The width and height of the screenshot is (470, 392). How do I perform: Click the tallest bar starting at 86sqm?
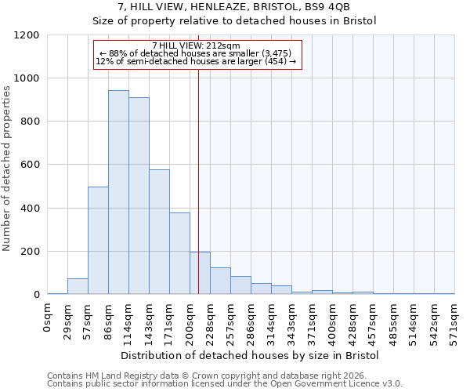point(118,192)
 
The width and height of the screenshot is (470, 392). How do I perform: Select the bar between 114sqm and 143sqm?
point(139,196)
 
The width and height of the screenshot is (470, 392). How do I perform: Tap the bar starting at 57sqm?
point(98,241)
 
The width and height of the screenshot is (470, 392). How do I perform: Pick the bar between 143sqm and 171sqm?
point(159,232)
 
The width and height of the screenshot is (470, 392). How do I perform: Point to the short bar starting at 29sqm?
point(78,286)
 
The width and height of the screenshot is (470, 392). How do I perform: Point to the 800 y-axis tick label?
point(30,122)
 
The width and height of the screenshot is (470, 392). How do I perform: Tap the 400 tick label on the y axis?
point(30,209)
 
